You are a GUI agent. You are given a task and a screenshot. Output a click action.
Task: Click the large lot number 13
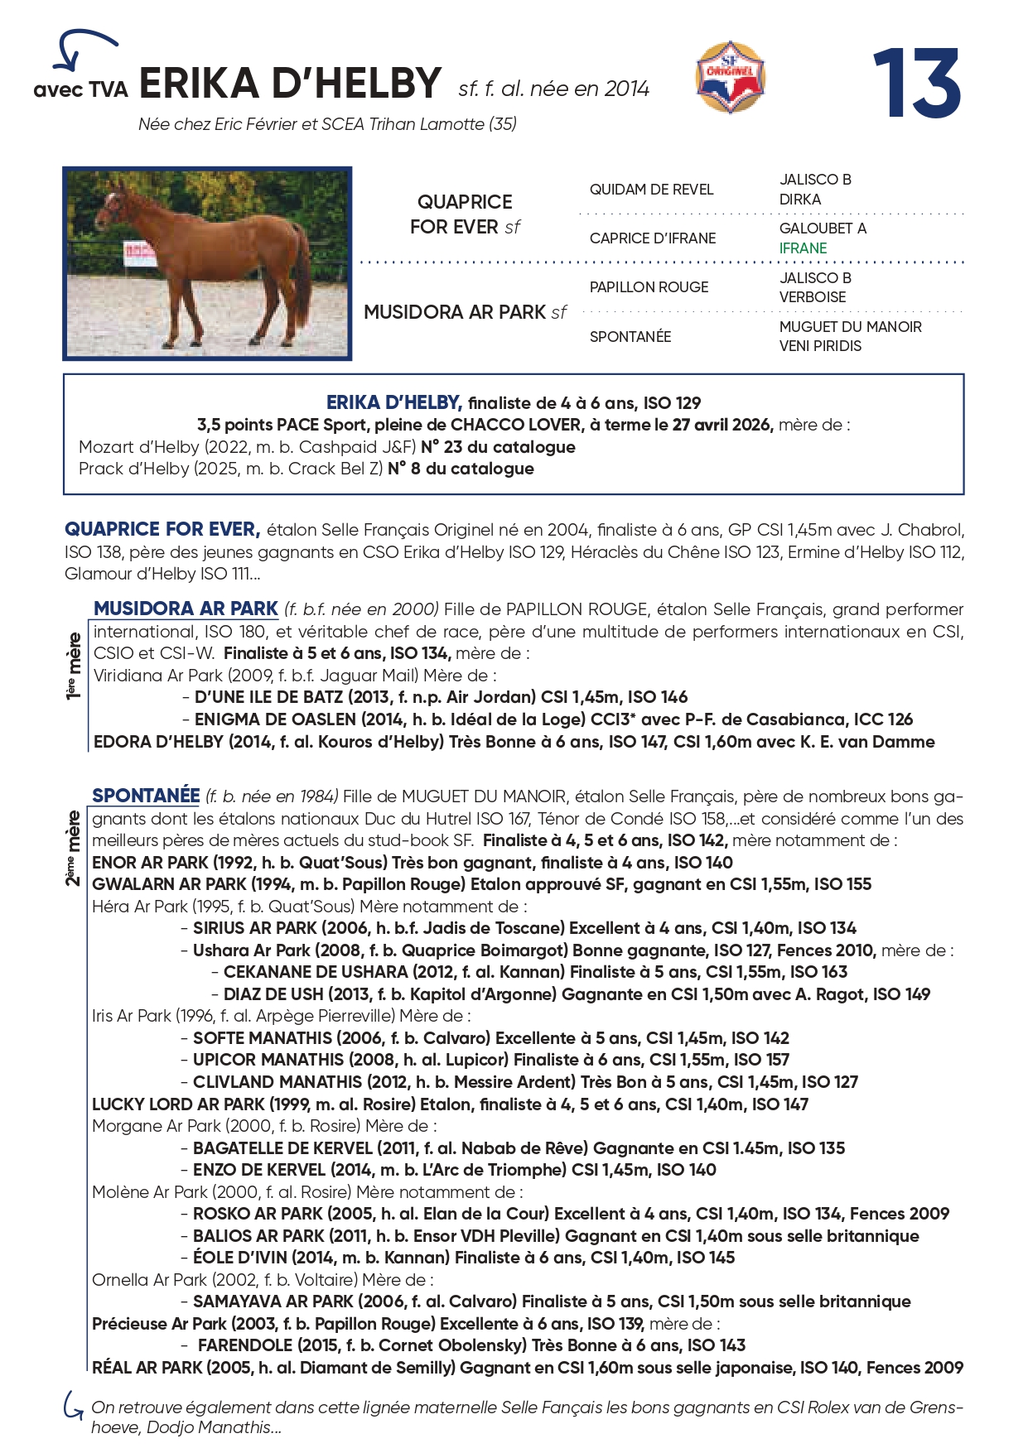pyautogui.click(x=916, y=84)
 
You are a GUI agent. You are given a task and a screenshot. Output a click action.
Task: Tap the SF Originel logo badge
pyautogui.click(x=730, y=78)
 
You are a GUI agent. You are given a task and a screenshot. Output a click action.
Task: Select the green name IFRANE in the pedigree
pyautogui.click(x=803, y=248)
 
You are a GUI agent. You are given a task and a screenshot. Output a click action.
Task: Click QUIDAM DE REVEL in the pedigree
pyautogui.click(x=651, y=190)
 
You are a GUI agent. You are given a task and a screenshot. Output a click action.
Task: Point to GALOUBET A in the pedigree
pyautogui.click(x=823, y=229)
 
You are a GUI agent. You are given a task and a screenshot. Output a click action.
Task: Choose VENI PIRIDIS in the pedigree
pyautogui.click(x=820, y=346)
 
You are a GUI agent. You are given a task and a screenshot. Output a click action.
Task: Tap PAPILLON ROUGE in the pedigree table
pyautogui.click(x=649, y=287)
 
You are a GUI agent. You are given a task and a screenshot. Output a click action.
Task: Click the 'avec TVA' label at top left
pyautogui.click(x=80, y=89)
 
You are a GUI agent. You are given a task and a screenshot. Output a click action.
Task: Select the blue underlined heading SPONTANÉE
pyautogui.click(x=146, y=796)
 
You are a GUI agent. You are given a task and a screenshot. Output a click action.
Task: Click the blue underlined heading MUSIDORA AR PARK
pyautogui.click(x=186, y=609)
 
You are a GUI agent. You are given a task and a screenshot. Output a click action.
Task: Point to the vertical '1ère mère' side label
pyautogui.click(x=75, y=666)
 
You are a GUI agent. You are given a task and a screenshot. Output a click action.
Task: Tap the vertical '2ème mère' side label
pyautogui.click(x=74, y=848)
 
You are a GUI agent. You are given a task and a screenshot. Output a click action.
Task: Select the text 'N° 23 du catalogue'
pyautogui.click(x=498, y=447)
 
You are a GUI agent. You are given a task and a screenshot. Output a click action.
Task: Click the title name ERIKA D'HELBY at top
pyautogui.click(x=290, y=84)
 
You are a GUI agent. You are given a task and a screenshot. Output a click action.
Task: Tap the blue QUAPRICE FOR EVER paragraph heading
pyautogui.click(x=162, y=529)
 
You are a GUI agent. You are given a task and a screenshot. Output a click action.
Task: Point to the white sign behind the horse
pyautogui.click(x=139, y=253)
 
